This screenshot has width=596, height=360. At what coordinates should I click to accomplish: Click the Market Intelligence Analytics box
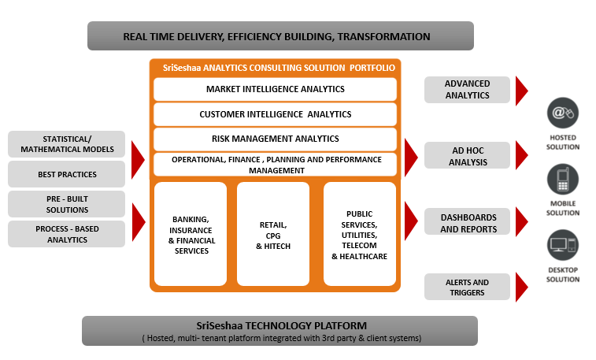pos(275,89)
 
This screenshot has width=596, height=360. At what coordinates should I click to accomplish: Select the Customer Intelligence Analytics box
pos(275,114)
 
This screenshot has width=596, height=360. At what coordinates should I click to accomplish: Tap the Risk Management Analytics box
pos(275,139)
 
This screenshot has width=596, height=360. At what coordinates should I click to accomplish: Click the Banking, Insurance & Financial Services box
pos(191,234)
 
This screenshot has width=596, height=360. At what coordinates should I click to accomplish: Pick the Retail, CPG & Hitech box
pos(274,234)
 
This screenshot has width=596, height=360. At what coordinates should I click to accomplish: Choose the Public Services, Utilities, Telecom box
pos(359,234)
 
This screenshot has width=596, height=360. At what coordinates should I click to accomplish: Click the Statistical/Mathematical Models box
pos(67,144)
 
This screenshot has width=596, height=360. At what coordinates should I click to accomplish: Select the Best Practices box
pos(67,174)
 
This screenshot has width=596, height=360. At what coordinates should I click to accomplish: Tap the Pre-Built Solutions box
pos(67,204)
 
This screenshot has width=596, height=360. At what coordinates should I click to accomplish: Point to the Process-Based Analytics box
pos(67,234)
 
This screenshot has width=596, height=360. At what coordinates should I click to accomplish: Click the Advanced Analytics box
pos(467,90)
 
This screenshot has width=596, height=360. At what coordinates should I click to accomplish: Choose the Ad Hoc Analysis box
pos(467,156)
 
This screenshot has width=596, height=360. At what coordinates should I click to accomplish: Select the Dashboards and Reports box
pos(467,222)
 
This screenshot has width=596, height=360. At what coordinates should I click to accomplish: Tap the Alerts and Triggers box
pos(467,288)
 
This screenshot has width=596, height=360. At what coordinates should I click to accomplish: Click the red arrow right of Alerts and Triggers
pos(522,288)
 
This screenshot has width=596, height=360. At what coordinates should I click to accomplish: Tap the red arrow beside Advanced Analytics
pos(522,90)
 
